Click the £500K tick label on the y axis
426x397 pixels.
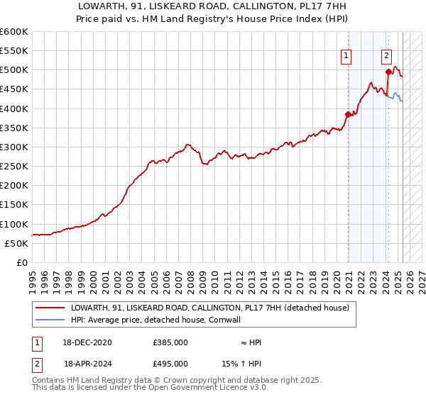(x=13, y=70)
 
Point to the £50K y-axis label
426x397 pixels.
(x=16, y=243)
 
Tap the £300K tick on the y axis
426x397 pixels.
(x=13, y=147)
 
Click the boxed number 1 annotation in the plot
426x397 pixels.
(x=346, y=56)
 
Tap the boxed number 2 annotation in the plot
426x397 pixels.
(x=387, y=56)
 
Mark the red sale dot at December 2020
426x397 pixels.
(x=348, y=114)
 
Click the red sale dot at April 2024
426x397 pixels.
(x=388, y=72)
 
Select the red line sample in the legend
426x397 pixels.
(x=50, y=308)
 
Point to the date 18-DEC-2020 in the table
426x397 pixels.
(x=88, y=342)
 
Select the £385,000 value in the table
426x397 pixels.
(x=170, y=342)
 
